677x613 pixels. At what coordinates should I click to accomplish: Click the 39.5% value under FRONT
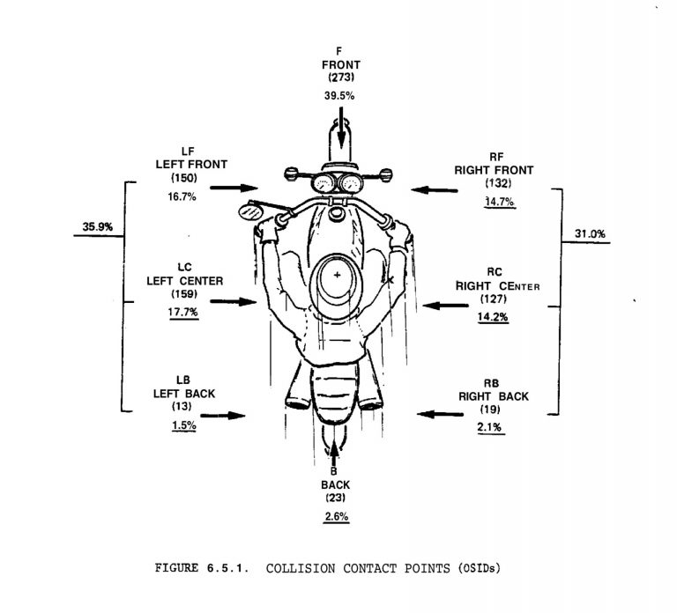point(339,96)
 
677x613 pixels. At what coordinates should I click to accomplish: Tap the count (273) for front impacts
point(341,78)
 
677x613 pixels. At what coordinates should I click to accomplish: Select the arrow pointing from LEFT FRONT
point(234,188)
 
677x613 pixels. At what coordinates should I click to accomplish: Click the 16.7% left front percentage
point(182,196)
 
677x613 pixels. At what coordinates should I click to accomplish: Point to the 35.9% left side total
point(98,227)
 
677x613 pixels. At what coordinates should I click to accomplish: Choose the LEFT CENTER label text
point(185,281)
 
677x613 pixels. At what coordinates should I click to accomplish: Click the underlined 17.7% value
point(183,312)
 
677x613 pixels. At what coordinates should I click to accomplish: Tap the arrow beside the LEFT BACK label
point(223,416)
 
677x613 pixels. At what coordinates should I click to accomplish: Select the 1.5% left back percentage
point(184,425)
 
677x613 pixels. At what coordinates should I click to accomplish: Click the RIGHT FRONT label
point(494,170)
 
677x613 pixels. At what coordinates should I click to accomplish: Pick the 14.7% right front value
point(500,202)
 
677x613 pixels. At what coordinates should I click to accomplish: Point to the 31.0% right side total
point(590,234)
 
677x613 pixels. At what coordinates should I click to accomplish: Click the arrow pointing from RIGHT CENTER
point(445,306)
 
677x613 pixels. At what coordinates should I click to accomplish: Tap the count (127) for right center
point(493,299)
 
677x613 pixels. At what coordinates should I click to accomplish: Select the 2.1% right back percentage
point(489,427)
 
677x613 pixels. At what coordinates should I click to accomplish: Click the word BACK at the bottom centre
point(336,485)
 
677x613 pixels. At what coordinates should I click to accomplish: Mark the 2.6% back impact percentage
point(337,516)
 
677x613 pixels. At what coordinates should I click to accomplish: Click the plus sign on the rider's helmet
point(337,275)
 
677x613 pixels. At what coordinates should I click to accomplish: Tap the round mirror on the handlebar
point(250,212)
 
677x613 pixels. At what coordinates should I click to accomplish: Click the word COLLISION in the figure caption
point(300,568)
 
